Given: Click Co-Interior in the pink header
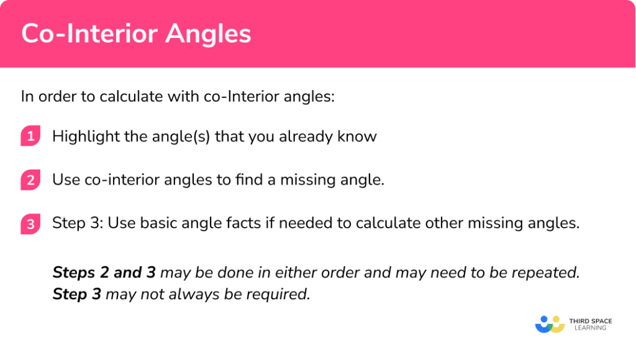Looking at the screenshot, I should click(92, 34).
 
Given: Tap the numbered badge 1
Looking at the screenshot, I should click(30, 136).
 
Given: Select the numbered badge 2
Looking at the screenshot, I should click(30, 180).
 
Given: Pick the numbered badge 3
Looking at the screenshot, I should click(30, 223).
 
